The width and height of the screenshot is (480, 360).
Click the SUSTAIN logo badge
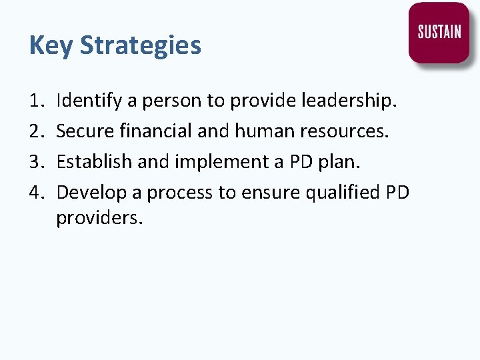tap(439, 33)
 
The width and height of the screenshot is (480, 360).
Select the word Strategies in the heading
tap(141, 46)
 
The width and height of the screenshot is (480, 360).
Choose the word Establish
tap(87, 162)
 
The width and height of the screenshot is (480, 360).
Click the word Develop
tap(87, 193)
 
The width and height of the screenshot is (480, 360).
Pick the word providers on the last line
tap(99, 219)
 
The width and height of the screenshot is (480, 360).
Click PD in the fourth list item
tap(398, 193)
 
